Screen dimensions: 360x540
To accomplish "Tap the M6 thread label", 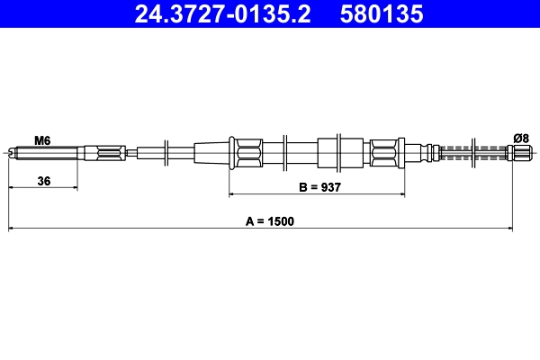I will [x=41, y=139].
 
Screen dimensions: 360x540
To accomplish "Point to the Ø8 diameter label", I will [x=520, y=138].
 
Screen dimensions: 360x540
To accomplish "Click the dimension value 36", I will [x=43, y=181].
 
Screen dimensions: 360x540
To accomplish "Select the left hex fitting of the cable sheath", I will [x=246, y=151].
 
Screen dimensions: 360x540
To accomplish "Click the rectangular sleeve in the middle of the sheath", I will [x=329, y=151].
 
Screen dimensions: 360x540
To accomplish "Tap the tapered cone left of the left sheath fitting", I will [x=212, y=151].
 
